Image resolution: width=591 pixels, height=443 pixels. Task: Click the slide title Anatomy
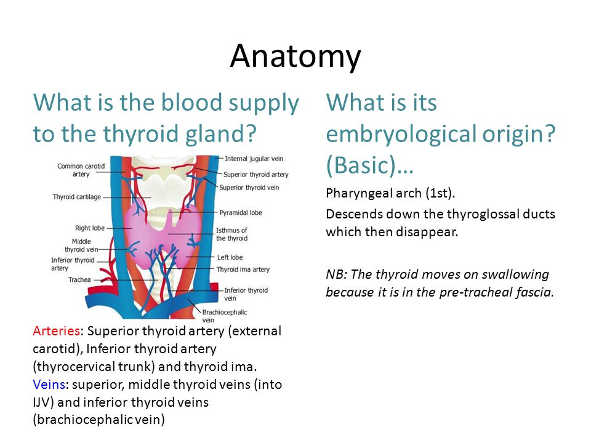click(295, 57)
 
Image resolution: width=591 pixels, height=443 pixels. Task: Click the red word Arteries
click(56, 331)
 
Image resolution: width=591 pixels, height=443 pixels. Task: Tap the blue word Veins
click(49, 384)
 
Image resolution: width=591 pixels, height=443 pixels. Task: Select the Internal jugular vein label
click(254, 159)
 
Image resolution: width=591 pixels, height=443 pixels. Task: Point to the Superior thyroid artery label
click(256, 174)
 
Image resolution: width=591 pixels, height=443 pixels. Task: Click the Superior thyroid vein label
click(249, 188)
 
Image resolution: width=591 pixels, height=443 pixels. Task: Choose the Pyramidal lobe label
click(241, 212)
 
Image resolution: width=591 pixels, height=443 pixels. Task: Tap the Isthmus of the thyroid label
click(232, 234)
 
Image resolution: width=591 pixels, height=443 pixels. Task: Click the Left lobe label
click(230, 257)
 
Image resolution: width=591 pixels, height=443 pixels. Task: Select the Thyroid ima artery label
click(243, 269)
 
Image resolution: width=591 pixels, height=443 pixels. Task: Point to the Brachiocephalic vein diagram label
click(225, 316)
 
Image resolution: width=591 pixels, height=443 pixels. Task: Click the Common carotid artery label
click(81, 170)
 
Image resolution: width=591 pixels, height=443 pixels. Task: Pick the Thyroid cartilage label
click(77, 197)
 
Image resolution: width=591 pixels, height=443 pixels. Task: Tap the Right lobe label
click(90, 228)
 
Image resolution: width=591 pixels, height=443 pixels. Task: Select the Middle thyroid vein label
click(81, 245)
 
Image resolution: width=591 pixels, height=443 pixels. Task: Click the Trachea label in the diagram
click(79, 279)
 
